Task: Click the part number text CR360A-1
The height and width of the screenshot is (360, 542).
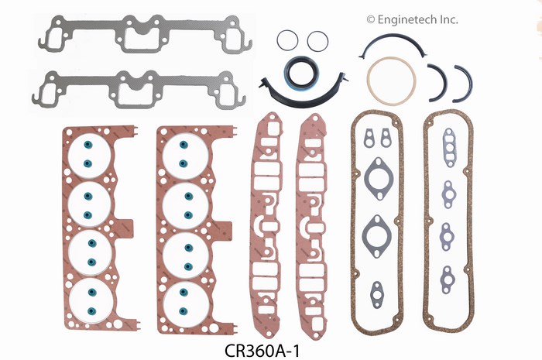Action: coord(262,351)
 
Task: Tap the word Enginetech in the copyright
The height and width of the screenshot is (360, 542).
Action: coord(407,20)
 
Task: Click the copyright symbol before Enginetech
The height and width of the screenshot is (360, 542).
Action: coord(371,19)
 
